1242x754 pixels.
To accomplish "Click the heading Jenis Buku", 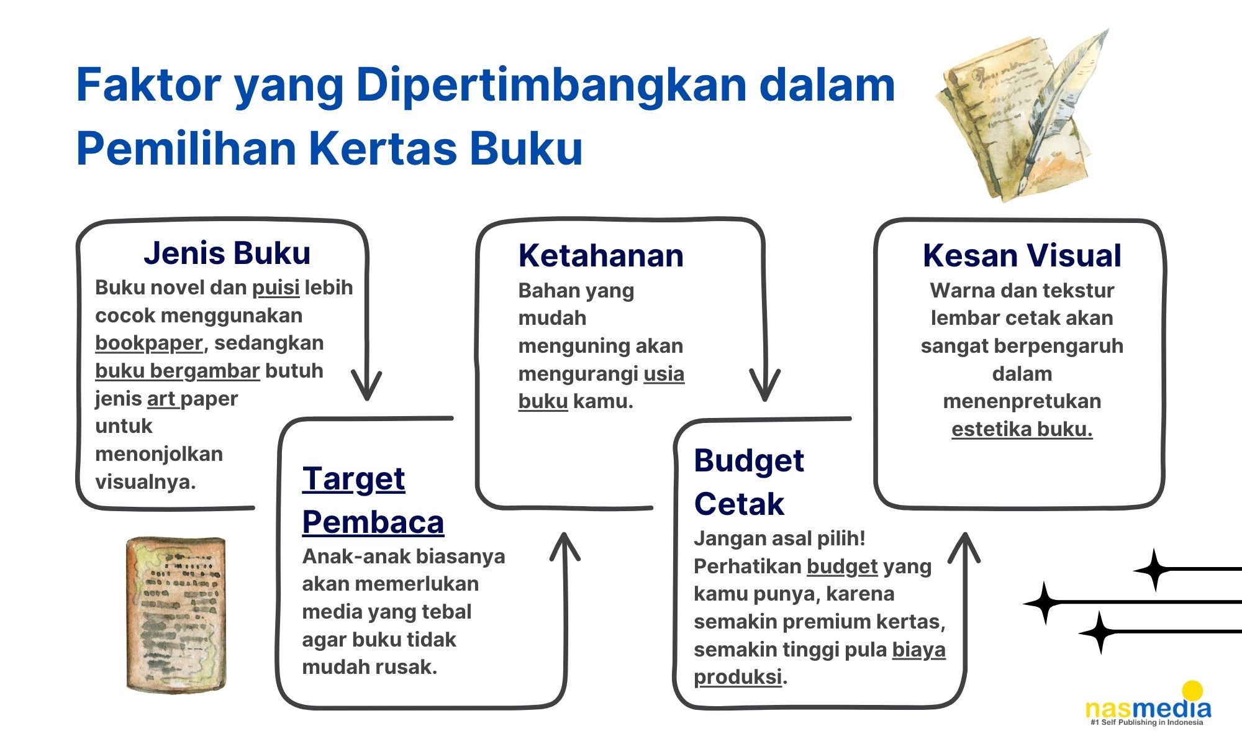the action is pyautogui.click(x=227, y=253).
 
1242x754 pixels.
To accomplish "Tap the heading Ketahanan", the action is pyautogui.click(x=601, y=256).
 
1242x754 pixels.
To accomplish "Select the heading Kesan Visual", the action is pyautogui.click(x=1022, y=256).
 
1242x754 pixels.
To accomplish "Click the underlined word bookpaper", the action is pyautogui.click(x=149, y=343).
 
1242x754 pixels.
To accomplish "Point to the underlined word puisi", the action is pyautogui.click(x=276, y=288).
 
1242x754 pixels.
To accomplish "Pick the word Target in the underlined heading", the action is pyautogui.click(x=353, y=480).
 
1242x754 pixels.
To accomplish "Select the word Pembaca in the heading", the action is pyautogui.click(x=373, y=522).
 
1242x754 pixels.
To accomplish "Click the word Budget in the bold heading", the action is pyautogui.click(x=749, y=461).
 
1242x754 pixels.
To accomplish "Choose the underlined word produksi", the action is pyautogui.click(x=738, y=677).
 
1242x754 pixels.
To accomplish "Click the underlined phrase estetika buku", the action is pyautogui.click(x=1022, y=429).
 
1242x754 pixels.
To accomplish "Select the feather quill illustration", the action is pyautogui.click(x=1062, y=106).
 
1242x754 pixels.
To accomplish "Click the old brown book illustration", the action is pyautogui.click(x=176, y=615).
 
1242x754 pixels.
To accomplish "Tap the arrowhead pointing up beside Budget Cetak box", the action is pyautogui.click(x=965, y=547).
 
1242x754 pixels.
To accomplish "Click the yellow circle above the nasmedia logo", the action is pyautogui.click(x=1192, y=691).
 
